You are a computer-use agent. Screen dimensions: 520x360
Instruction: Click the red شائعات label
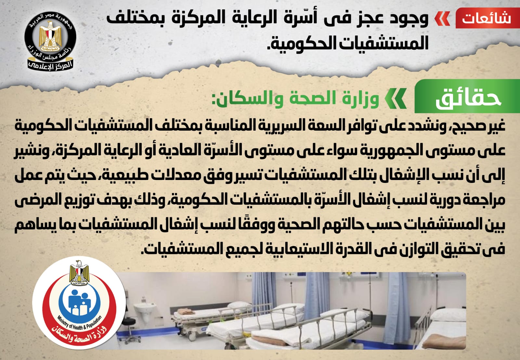point(487,18)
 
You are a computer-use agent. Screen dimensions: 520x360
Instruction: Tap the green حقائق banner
point(467,96)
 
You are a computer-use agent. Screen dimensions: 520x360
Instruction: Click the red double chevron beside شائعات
point(442,18)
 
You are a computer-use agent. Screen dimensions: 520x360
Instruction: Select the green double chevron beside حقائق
point(396,98)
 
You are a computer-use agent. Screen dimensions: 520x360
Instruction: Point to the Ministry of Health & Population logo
point(79,303)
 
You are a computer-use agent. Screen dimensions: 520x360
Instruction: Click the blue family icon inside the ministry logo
point(79,302)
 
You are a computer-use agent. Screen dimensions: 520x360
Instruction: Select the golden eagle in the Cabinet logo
point(50,36)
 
